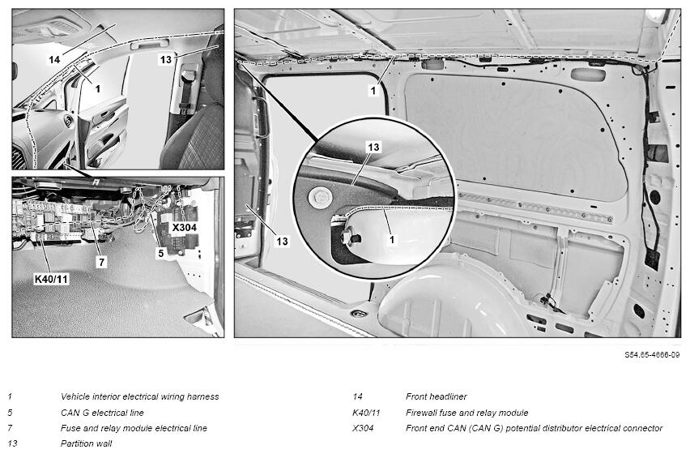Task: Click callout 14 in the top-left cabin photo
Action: coord(54,59)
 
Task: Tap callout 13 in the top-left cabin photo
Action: coord(165,59)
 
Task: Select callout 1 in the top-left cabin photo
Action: coord(98,88)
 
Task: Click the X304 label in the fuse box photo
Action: coord(184,227)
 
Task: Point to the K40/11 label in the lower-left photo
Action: coord(52,279)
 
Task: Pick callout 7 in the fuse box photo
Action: coord(102,262)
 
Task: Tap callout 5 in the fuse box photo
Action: coord(160,253)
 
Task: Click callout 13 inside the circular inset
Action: coord(373,147)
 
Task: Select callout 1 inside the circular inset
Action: coord(392,239)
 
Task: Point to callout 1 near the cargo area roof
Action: coord(373,90)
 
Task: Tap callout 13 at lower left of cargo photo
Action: coord(282,241)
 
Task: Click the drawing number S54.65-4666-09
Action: coord(652,354)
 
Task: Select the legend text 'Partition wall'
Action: coord(86,443)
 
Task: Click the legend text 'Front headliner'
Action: coord(436,396)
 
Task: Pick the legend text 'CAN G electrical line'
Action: coord(102,413)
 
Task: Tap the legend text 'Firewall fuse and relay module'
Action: coord(466,413)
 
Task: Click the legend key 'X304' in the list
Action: coord(363,428)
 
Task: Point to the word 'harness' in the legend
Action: coord(202,396)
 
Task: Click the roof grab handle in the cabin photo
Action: coord(149,43)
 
